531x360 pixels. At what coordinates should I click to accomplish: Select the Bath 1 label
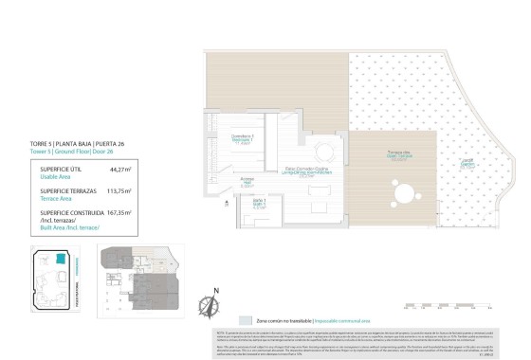tap(259, 204)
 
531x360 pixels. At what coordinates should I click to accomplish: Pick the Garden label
tap(468, 162)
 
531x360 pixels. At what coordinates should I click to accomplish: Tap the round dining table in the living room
tap(323, 153)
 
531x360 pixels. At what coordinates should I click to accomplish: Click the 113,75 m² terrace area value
tap(119, 190)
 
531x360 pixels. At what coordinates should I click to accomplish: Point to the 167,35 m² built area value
tap(119, 212)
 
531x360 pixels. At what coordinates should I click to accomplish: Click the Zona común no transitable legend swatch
tap(247, 322)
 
